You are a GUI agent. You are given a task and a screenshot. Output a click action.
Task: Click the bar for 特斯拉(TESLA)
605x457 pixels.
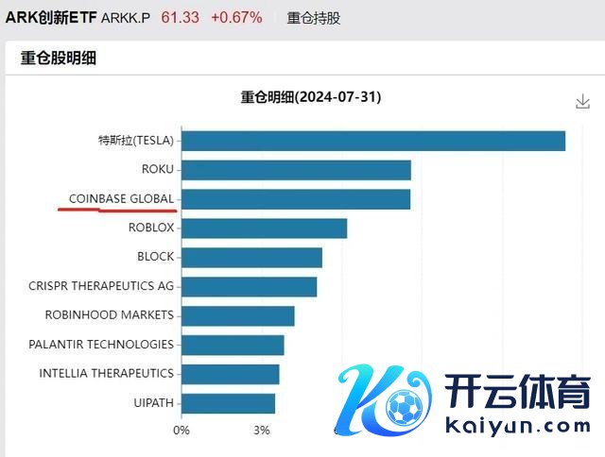point(372,141)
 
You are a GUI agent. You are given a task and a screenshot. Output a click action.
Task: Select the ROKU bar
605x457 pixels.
point(295,170)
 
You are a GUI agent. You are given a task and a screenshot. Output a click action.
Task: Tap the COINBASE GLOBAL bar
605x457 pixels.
point(295,199)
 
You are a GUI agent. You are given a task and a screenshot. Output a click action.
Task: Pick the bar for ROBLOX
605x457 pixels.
point(264,228)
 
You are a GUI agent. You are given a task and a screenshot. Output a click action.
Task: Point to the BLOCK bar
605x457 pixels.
point(251,257)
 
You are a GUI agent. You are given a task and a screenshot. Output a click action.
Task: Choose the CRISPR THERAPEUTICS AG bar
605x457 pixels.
point(249,286)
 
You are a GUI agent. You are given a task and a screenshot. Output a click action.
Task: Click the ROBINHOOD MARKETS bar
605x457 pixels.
point(237,315)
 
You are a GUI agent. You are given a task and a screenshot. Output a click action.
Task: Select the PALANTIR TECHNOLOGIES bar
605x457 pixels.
point(233,345)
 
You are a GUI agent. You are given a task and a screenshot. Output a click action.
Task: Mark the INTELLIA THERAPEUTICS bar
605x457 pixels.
point(230,374)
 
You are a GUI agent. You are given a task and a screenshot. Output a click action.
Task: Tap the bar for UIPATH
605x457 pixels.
point(228,403)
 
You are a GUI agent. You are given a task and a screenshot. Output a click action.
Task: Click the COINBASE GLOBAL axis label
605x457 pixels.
point(121,199)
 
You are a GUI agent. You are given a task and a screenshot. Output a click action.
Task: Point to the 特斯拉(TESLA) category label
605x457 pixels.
point(136,141)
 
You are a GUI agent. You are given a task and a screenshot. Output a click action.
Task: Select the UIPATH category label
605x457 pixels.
point(154,403)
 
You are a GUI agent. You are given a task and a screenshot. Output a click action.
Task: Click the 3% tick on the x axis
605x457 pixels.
point(262,431)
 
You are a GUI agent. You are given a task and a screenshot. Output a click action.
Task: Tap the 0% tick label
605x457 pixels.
point(181,431)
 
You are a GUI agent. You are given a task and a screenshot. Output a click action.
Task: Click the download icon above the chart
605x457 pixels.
point(582,102)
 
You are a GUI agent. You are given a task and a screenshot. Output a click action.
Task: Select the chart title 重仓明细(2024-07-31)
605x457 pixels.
point(311,97)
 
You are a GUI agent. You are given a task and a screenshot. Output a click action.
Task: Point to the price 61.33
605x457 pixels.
point(181,17)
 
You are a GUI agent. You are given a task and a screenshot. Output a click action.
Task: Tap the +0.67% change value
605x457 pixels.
point(236,17)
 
